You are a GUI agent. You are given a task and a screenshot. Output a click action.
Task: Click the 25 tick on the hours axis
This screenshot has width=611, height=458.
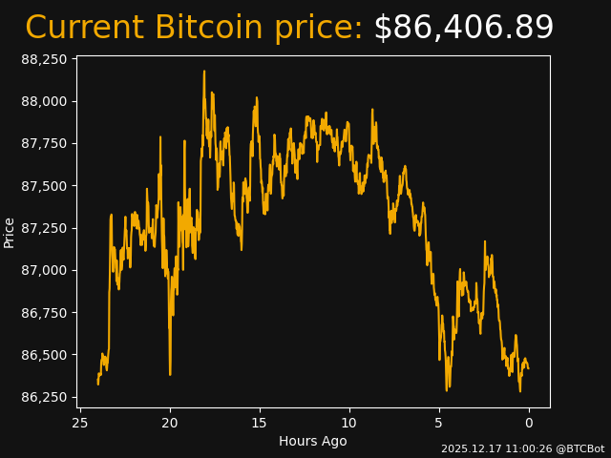click(80, 423)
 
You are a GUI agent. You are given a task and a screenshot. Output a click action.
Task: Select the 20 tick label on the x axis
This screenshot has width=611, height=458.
click(170, 423)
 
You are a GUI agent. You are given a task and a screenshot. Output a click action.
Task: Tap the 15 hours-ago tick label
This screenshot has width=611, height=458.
click(260, 423)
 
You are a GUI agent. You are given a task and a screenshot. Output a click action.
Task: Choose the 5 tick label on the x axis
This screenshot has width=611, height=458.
click(439, 423)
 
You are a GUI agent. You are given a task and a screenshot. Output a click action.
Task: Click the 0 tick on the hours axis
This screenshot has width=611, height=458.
click(529, 423)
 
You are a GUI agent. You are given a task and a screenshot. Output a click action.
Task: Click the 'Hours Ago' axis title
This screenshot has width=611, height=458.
click(313, 441)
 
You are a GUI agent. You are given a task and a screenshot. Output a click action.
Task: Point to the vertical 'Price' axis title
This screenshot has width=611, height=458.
click(10, 232)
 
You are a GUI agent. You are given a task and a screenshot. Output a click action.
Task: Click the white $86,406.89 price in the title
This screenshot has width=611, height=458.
click(463, 28)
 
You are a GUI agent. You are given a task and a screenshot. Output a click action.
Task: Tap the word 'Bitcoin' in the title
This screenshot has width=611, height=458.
click(208, 28)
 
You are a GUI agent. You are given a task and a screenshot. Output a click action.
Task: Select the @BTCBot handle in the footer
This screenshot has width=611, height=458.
click(579, 448)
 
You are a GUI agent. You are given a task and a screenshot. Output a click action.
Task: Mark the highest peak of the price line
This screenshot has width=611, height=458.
click(204, 71)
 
